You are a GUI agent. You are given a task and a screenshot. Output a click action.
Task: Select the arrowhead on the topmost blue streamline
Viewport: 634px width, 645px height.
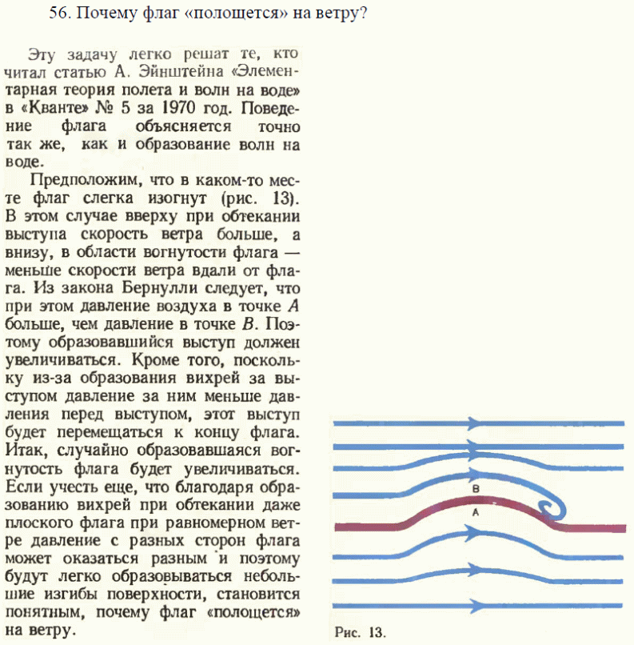point(473,423)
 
